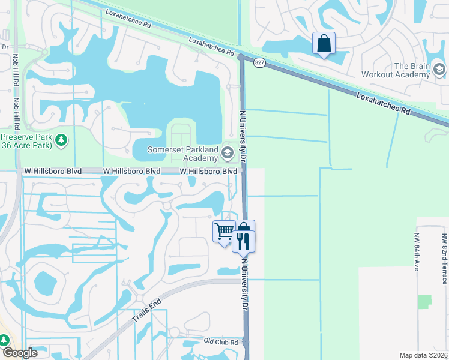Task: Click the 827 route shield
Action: pyautogui.click(x=259, y=62)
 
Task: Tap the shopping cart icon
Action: pyautogui.click(x=224, y=230)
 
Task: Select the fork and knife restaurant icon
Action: pyautogui.click(x=244, y=241)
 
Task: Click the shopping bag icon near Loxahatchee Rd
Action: pyautogui.click(x=324, y=43)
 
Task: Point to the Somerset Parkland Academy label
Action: pyautogui.click(x=183, y=154)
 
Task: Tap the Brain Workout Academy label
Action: pyautogui.click(x=394, y=71)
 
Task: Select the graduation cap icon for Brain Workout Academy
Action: pyautogui.click(x=439, y=70)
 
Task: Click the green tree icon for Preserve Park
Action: pyautogui.click(x=61, y=140)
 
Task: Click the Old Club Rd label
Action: pyautogui.click(x=221, y=342)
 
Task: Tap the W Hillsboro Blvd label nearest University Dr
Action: pyautogui.click(x=209, y=172)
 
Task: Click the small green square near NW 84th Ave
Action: pyautogui.click(x=425, y=301)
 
